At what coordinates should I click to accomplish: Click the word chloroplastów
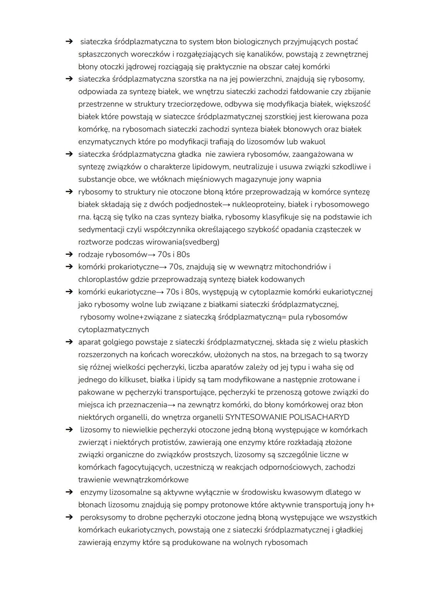(x=102, y=279)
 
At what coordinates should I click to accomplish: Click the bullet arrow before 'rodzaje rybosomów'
(x=69, y=254)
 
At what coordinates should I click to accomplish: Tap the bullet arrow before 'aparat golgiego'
(x=69, y=342)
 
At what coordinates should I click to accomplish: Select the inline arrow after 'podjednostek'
(x=226, y=205)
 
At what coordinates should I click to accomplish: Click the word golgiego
(x=118, y=342)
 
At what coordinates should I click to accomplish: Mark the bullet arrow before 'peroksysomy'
(x=69, y=517)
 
